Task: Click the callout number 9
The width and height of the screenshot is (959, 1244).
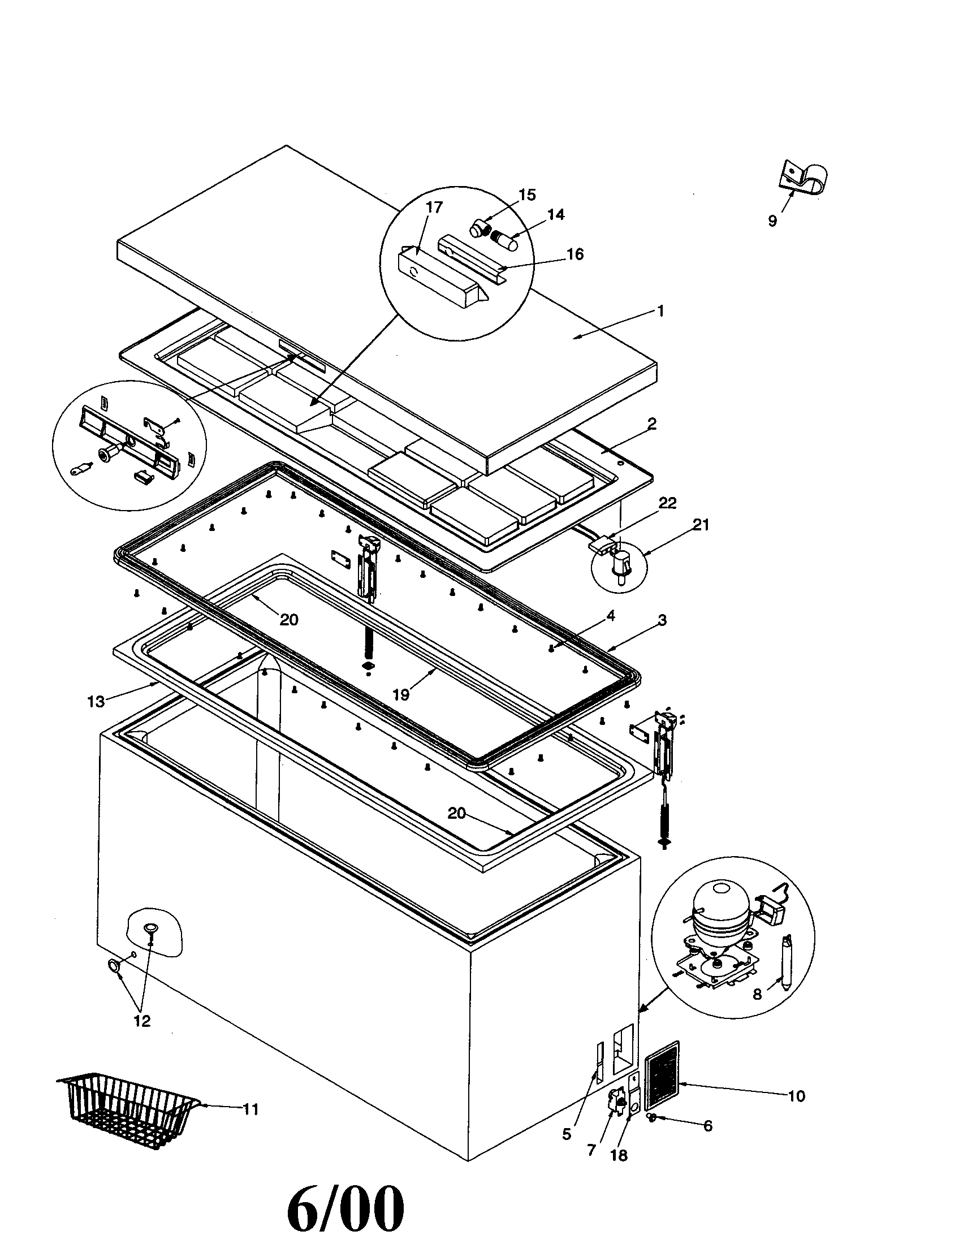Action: click(x=772, y=221)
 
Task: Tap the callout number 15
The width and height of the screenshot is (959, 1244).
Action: click(x=528, y=195)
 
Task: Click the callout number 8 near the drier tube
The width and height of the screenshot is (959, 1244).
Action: click(x=757, y=995)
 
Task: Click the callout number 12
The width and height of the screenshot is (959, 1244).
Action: click(x=142, y=1021)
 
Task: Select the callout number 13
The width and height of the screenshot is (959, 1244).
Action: click(x=96, y=702)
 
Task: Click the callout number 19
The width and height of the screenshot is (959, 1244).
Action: click(x=401, y=695)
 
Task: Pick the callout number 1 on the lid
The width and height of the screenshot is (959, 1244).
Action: click(x=660, y=311)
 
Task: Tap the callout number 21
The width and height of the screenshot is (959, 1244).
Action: click(x=701, y=525)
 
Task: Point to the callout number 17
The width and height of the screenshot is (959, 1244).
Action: click(x=434, y=208)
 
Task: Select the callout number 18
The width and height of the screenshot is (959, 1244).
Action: click(x=619, y=1155)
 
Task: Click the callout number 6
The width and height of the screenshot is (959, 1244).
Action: click(x=708, y=1125)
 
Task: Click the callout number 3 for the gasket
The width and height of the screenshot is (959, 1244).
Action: click(x=662, y=619)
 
